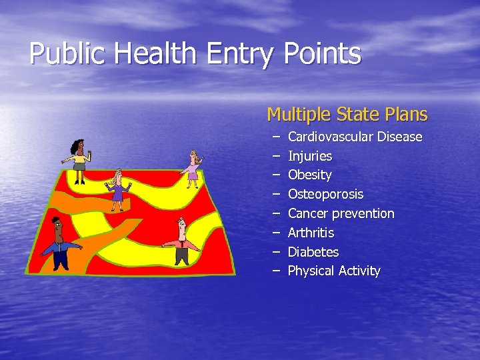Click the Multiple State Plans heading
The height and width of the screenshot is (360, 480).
(x=347, y=115)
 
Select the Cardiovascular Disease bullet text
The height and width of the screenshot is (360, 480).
(x=355, y=137)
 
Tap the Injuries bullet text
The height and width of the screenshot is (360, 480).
(x=309, y=156)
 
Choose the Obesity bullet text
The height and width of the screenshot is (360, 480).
(x=309, y=175)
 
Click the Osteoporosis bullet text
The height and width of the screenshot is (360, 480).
(x=325, y=194)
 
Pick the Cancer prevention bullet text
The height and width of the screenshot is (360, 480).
(x=341, y=213)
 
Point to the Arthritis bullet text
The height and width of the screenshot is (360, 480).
(x=311, y=233)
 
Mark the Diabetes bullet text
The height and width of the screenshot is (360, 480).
(x=313, y=252)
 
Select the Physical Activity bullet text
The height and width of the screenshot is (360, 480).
(x=333, y=271)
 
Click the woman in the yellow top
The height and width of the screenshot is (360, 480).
(x=79, y=160)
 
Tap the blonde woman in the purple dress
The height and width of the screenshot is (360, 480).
(x=118, y=188)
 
